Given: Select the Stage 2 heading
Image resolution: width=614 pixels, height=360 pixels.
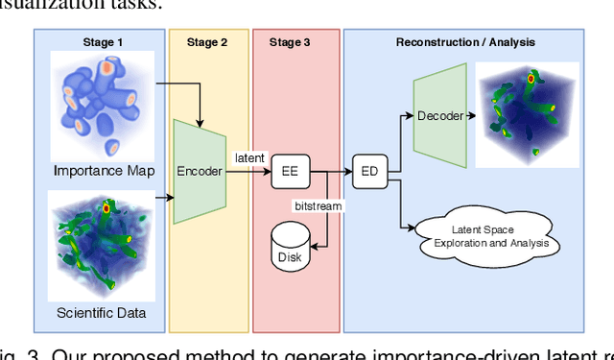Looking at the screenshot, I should coord(208,42).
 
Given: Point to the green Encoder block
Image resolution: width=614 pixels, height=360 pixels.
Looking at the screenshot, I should coord(199,172).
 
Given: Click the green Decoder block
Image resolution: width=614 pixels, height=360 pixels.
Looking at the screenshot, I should coord(440,116).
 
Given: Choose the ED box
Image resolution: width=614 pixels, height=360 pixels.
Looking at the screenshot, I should coord(367,173).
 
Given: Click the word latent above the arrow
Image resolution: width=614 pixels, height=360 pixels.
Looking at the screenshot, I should coord(249,156).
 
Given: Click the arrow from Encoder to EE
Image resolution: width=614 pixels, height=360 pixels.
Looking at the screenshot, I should coord(249,173).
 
